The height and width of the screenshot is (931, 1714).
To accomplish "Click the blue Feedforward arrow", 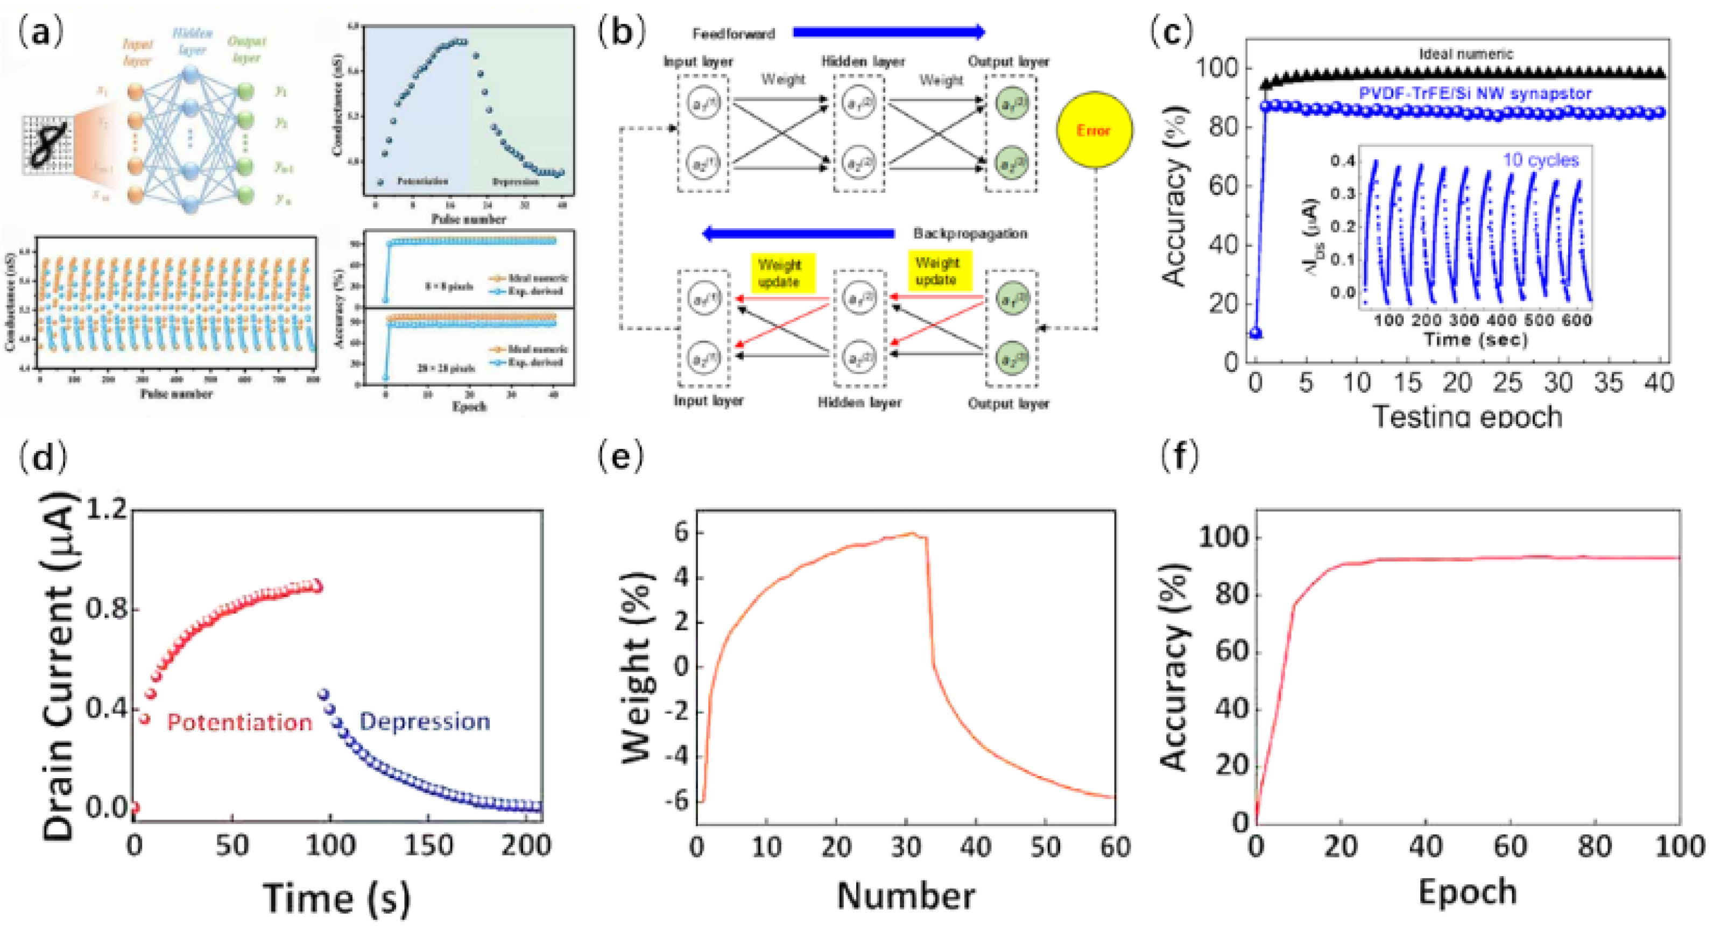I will pyautogui.click(x=888, y=31).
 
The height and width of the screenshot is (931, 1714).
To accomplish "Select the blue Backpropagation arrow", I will pyautogui.click(x=799, y=234).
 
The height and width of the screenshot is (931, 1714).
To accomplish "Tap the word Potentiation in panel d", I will pyautogui.click(x=239, y=722).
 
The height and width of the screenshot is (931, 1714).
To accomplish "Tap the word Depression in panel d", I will pyautogui.click(x=425, y=721).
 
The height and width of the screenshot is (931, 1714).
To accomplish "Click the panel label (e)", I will pyautogui.click(x=620, y=456).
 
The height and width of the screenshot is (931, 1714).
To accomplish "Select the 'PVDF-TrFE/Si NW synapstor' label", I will pyautogui.click(x=1475, y=94).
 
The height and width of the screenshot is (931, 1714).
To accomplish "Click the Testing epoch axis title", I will pyautogui.click(x=1467, y=417).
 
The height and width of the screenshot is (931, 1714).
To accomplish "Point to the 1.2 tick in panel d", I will pyautogui.click(x=105, y=510).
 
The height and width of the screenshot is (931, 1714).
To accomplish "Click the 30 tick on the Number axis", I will pyautogui.click(x=906, y=847).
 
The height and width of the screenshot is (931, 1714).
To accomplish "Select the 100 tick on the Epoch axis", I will pyautogui.click(x=1680, y=847).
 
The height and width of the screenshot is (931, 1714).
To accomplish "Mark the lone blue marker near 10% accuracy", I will pyautogui.click(x=1255, y=334).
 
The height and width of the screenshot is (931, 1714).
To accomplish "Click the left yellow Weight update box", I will pyautogui.click(x=779, y=273).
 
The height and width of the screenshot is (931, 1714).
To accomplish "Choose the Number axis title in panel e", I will pyautogui.click(x=906, y=895).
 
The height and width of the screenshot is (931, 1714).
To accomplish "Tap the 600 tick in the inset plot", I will pyautogui.click(x=1576, y=320).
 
